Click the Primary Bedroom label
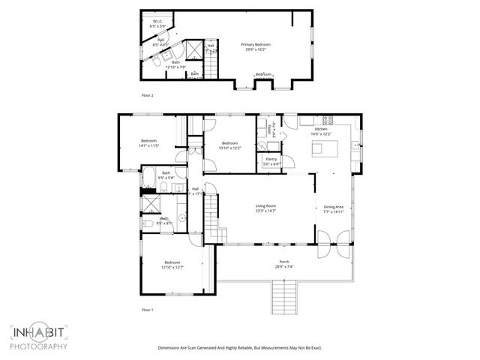[255, 45]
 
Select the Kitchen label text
[321, 129]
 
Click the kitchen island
[323, 148]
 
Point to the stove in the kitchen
[328, 120]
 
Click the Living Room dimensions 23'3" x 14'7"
[266, 211]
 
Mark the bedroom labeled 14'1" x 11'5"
[149, 143]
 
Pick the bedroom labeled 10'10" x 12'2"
[229, 145]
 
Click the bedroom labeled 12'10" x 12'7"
[172, 265]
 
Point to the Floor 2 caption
[147, 96]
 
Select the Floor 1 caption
[147, 309]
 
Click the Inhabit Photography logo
[39, 337]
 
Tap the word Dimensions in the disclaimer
[172, 348]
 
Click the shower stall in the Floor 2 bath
[193, 50]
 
